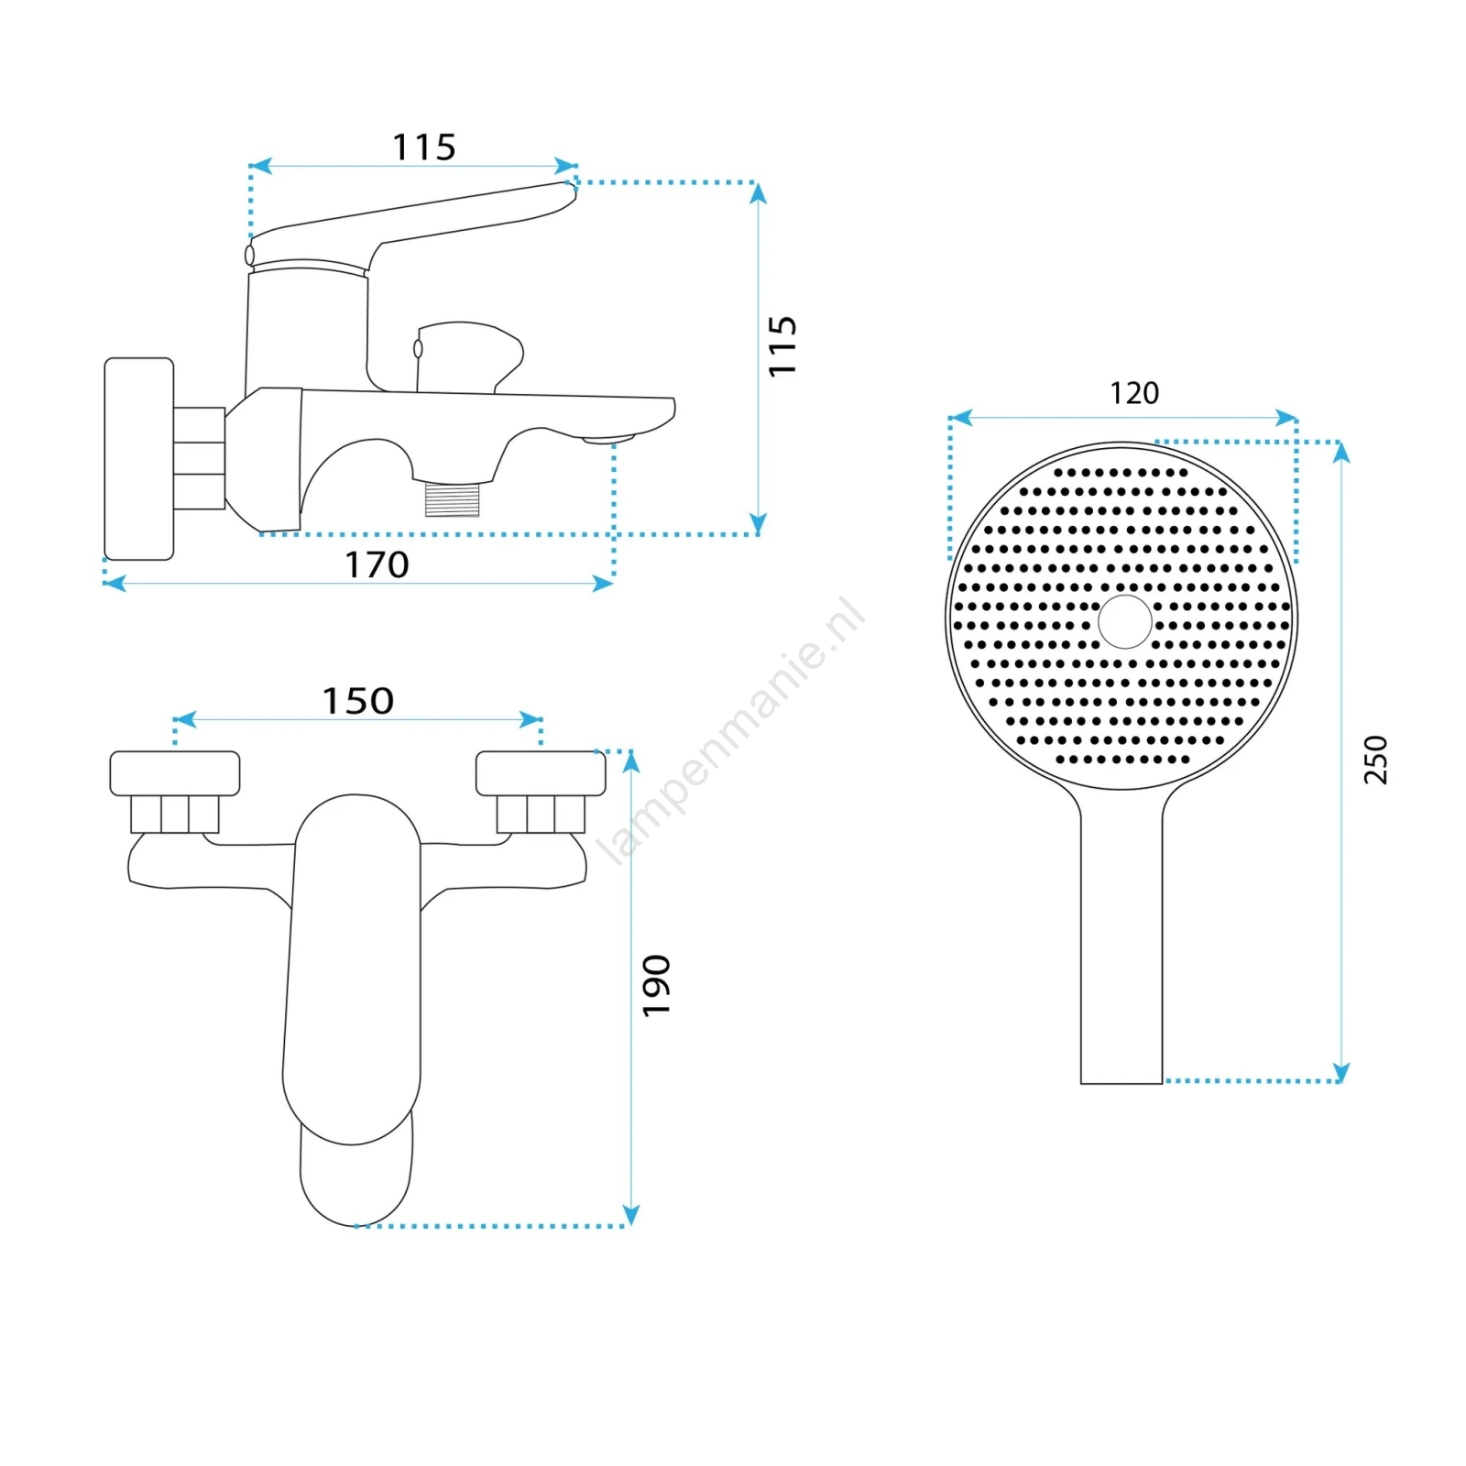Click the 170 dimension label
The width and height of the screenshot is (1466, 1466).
click(377, 564)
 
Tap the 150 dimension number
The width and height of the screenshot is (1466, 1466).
click(357, 701)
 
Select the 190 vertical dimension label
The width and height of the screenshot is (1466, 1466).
click(656, 985)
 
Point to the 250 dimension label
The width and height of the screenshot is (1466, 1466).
click(1375, 760)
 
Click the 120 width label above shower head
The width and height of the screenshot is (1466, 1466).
click(1134, 393)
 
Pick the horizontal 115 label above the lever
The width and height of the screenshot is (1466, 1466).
click(424, 147)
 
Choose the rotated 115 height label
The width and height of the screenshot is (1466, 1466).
click(782, 345)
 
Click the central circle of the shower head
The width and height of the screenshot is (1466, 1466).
click(1124, 621)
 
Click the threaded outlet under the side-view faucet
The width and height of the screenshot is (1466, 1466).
click(453, 499)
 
